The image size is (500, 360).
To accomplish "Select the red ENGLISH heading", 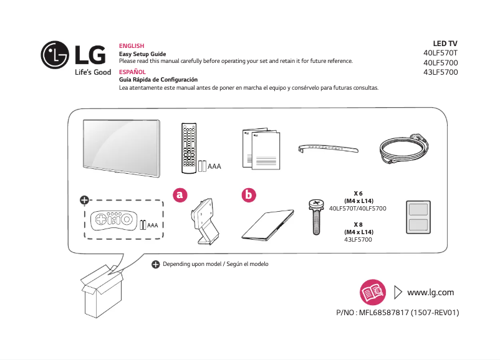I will pos(131,46).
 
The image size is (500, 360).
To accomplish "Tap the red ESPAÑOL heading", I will pos(132,72).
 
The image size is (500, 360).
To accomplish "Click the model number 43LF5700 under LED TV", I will pos(440,72).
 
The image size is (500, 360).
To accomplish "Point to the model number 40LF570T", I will pos(440,53).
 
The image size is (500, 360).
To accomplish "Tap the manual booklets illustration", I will pos(260,146).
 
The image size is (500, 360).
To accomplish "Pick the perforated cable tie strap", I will pos(328,148).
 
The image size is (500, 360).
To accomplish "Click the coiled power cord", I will pos(406,149).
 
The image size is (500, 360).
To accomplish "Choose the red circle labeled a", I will pos(180,195).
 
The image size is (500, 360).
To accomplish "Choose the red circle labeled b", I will pos(249,195).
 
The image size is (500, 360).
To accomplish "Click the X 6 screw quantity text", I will pos(358,193).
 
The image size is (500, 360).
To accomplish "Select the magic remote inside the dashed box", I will pos(112,222).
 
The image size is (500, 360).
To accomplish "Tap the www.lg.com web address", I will pos(430,292).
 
